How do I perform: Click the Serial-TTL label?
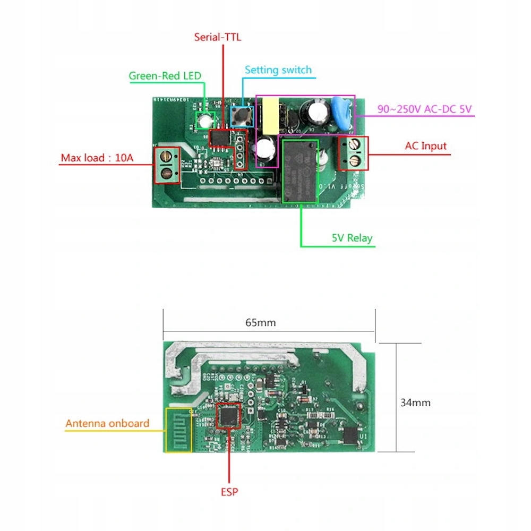[217, 37]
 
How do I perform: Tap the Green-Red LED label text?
[165, 76]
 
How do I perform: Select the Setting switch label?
[278, 70]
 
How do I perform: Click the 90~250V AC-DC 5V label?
[424, 109]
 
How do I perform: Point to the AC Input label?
[426, 146]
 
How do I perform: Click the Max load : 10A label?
[97, 158]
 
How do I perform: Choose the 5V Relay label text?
[352, 238]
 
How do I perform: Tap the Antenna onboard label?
[107, 423]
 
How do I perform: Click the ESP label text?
[229, 492]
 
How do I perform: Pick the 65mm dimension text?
[261, 322]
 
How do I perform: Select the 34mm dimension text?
[415, 402]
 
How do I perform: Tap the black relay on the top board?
[300, 171]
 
